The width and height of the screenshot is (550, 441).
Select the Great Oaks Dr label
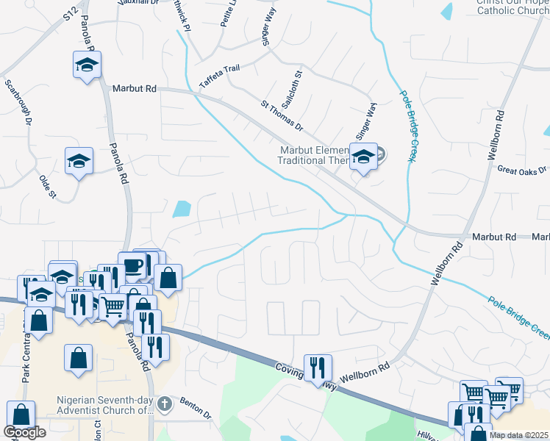(x=523, y=170)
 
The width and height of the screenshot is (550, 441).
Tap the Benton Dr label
(x=196, y=410)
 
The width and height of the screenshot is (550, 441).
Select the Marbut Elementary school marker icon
(x=363, y=156)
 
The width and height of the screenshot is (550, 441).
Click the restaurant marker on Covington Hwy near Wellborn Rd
(x=318, y=365)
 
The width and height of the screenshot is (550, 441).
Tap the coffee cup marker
(x=132, y=265)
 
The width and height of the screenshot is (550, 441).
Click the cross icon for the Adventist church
(x=165, y=403)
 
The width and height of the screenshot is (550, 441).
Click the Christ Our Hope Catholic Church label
(x=512, y=7)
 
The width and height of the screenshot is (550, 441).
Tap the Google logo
(x=24, y=432)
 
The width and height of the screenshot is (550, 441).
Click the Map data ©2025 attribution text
(x=519, y=435)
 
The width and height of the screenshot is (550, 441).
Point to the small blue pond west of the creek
(x=180, y=209)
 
